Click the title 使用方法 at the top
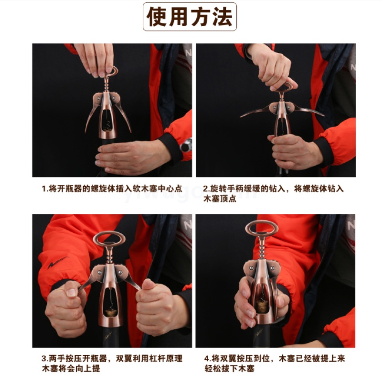[189, 17]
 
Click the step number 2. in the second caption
[207, 189]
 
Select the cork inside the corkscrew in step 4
[262, 306]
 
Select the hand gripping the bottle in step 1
[132, 157]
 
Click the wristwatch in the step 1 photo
[186, 145]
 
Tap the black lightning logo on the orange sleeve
[57, 263]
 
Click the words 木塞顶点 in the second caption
[220, 199]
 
